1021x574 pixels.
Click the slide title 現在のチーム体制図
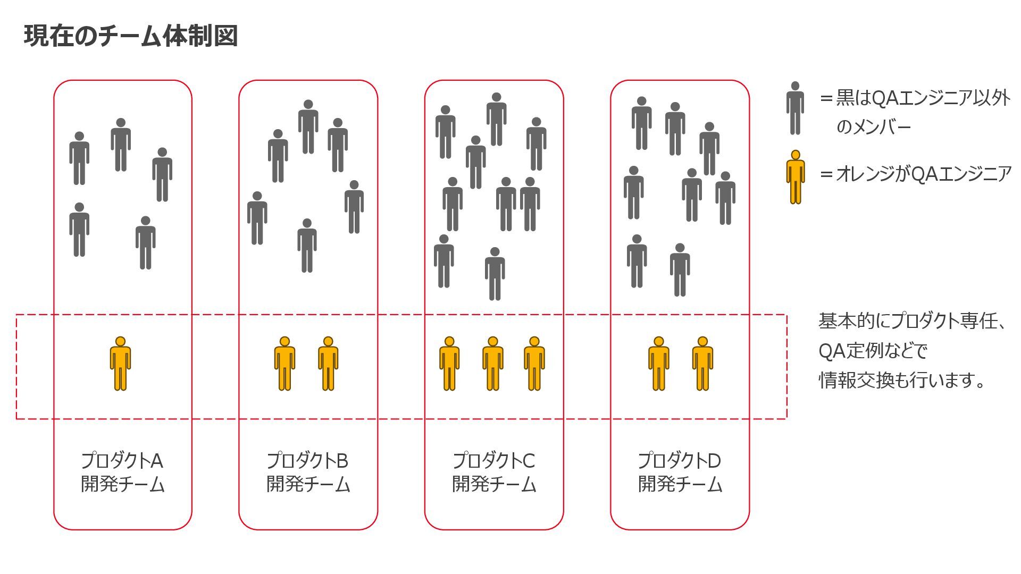(130, 36)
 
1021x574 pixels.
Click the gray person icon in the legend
(795, 108)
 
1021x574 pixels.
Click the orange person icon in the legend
(796, 177)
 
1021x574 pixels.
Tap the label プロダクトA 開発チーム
(122, 472)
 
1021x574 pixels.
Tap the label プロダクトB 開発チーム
(308, 472)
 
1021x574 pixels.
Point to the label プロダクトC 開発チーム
(493, 472)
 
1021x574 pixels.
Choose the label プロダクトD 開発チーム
(680, 472)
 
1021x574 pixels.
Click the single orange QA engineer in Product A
(120, 364)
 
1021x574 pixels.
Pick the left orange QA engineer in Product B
(284, 364)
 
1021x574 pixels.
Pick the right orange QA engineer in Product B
(328, 364)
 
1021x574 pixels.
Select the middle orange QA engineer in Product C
(493, 364)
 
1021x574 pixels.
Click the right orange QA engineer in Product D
(702, 364)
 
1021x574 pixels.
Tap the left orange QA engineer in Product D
(658, 364)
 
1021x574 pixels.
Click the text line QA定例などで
(873, 351)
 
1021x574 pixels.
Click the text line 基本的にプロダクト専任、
(913, 321)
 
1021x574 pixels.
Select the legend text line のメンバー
(874, 127)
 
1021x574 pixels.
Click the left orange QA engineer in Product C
(449, 364)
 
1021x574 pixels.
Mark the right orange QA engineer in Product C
(534, 364)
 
